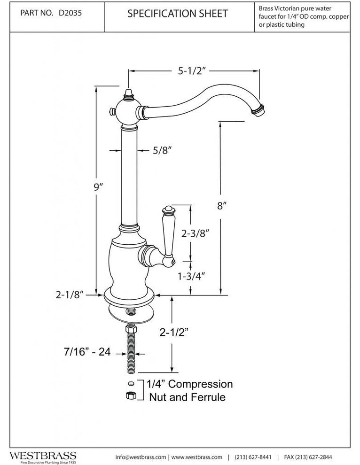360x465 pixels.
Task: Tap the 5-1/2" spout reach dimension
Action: (193, 71)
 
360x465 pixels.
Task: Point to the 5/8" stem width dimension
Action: (162, 151)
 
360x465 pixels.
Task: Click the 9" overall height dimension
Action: (98, 186)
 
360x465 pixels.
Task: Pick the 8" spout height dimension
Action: (223, 205)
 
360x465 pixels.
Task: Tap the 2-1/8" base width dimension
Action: (69, 294)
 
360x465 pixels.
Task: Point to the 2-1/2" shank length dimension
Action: (174, 333)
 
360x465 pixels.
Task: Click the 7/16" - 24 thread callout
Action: (87, 351)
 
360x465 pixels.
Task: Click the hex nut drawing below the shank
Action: (131, 396)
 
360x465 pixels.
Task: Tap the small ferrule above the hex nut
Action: (131, 383)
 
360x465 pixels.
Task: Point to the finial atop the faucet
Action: (128, 92)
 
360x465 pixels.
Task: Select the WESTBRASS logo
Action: (43, 456)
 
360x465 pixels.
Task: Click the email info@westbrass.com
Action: (141, 457)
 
